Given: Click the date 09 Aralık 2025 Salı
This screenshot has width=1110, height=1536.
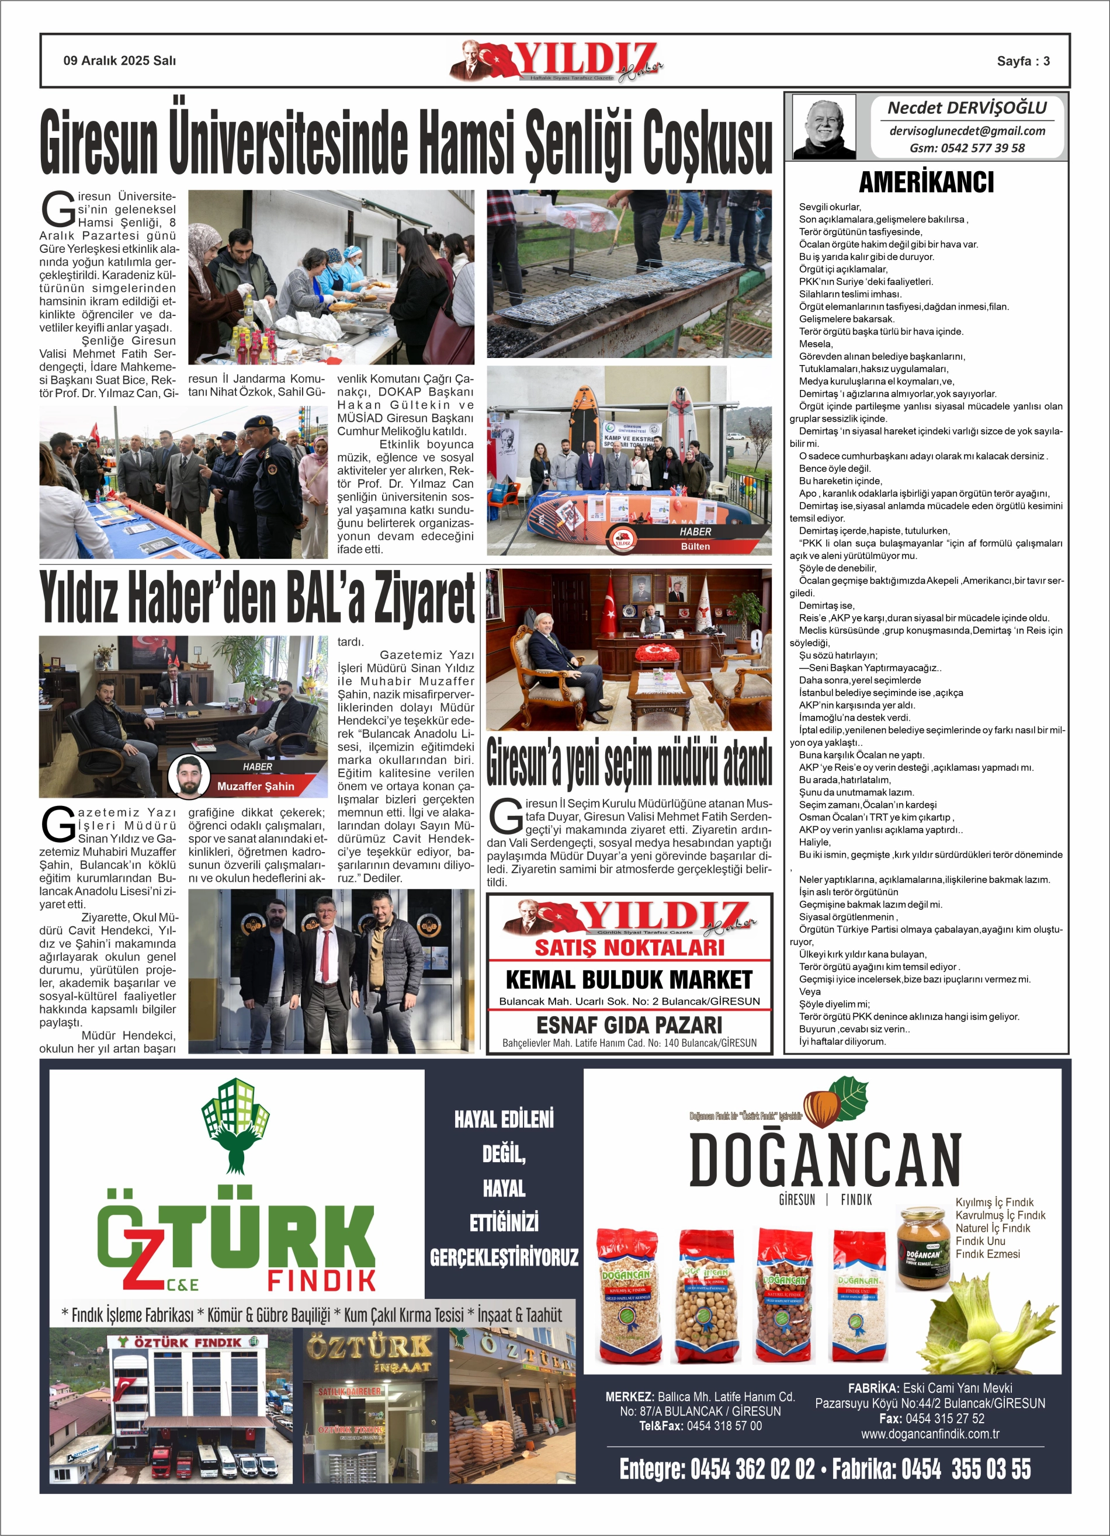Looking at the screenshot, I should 119,61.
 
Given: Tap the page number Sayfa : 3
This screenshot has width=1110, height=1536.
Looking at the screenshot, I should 1022,61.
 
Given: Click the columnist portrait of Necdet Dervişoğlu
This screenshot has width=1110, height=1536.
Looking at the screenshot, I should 823,127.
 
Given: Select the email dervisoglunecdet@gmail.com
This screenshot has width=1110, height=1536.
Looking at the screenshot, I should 967,131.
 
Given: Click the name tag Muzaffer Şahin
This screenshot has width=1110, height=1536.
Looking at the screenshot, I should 255,786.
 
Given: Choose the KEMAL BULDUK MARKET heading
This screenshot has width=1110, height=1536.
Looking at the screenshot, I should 628,979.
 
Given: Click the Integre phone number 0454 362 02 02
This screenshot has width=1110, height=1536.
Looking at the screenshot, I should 752,1469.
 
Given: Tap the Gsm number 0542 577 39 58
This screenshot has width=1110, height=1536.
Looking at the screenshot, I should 967,148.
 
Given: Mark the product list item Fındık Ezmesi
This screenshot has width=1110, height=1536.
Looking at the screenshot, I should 987,1253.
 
